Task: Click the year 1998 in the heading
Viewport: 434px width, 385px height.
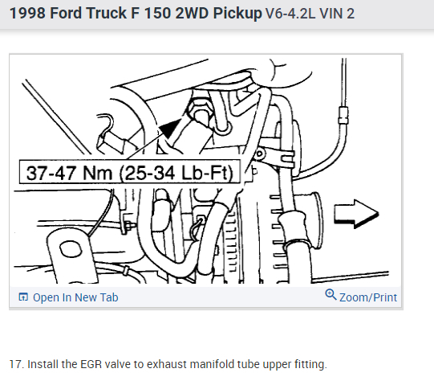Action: (x=27, y=13)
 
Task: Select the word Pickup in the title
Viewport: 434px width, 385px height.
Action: (x=237, y=14)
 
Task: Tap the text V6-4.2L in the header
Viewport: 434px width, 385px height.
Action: (x=290, y=14)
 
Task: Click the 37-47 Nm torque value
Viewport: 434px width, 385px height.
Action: (x=69, y=173)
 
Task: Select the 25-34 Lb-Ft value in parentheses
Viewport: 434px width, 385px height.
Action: (x=176, y=174)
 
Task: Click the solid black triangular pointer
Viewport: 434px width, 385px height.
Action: (x=170, y=129)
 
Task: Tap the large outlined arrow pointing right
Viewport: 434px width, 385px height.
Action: (x=356, y=214)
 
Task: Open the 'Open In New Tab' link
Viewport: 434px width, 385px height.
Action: (x=75, y=297)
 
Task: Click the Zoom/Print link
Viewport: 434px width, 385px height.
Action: (x=368, y=297)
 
